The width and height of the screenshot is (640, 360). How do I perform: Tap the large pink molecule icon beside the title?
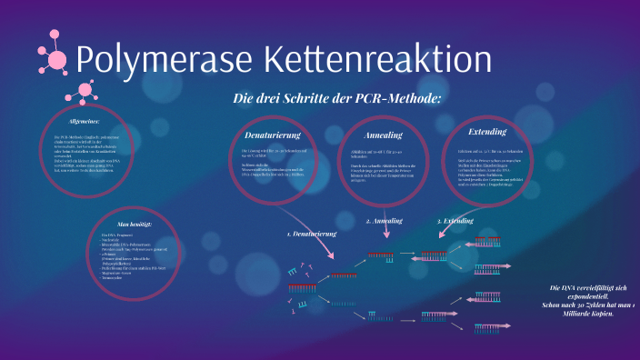tap(55, 58)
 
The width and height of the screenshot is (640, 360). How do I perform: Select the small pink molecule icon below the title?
tap(87, 91)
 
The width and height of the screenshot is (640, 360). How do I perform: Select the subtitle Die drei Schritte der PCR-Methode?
tap(336, 98)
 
